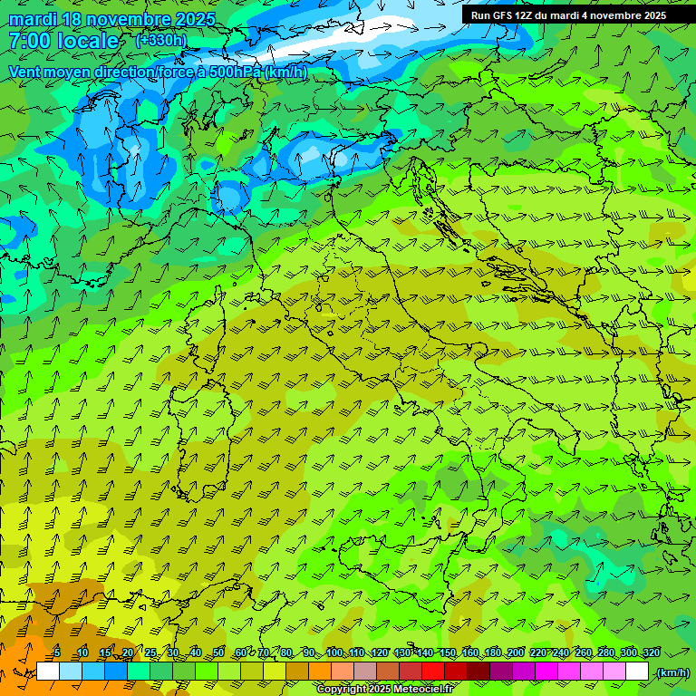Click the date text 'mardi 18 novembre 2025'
tap(112, 19)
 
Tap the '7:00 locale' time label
tap(63, 41)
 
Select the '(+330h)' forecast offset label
tap(161, 40)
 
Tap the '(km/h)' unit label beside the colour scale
tap(672, 672)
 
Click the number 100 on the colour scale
tap(334, 653)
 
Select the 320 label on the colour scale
tap(651, 653)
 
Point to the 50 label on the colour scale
tap(218, 653)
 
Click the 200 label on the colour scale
tap(515, 653)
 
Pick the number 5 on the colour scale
tap(57, 653)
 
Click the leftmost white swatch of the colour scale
tap(48, 672)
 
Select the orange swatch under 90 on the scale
tap(320, 672)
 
